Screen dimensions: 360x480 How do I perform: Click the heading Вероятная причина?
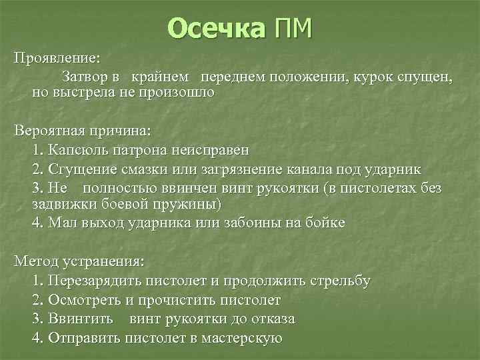click(x=81, y=129)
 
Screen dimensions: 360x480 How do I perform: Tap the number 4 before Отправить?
click(x=37, y=338)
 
